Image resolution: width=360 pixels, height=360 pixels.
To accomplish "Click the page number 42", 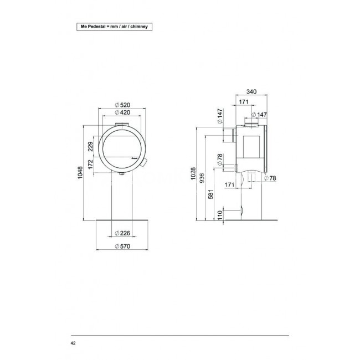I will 73,344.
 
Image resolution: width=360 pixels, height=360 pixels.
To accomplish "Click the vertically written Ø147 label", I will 219,117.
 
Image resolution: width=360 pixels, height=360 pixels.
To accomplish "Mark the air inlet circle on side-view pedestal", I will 241,211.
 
